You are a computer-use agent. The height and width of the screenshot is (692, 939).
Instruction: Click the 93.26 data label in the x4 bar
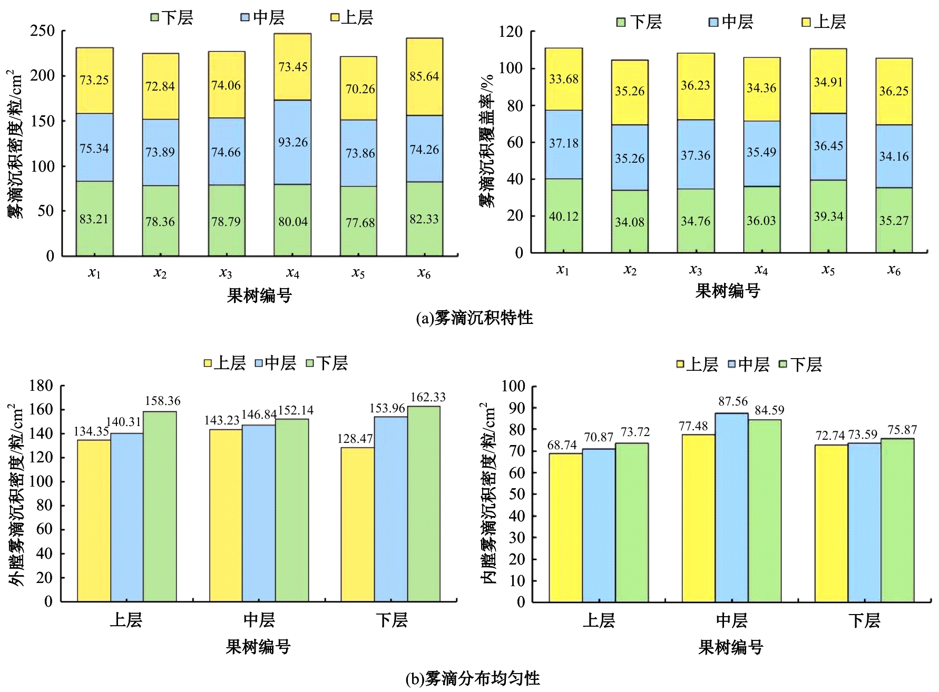click(293, 143)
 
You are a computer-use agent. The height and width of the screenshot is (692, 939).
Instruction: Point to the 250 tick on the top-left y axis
click(43, 31)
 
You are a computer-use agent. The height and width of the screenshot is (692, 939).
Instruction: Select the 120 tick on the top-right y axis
click(511, 32)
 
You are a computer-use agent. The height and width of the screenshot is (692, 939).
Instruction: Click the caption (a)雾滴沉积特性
click(474, 318)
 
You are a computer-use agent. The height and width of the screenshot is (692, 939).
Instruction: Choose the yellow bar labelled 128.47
click(357, 524)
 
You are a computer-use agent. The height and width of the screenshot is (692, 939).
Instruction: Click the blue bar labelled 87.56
click(732, 507)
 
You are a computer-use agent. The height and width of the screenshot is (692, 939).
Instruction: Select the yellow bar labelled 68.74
click(565, 527)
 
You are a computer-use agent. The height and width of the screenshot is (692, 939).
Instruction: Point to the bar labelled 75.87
click(897, 520)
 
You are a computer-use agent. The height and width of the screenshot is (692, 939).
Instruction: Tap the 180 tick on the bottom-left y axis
click(42, 386)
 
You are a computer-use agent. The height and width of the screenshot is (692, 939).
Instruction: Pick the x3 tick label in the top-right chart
click(696, 270)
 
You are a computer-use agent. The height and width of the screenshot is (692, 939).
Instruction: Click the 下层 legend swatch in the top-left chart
click(155, 17)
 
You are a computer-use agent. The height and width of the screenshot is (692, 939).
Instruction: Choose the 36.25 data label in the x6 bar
click(894, 91)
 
